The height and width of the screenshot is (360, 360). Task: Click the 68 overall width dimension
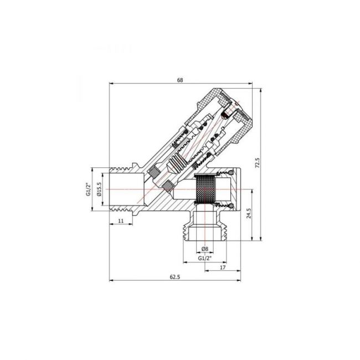[180, 80]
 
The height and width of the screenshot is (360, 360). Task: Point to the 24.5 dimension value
[250, 213]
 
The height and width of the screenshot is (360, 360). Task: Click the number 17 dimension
[222, 267]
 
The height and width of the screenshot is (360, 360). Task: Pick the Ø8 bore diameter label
[204, 248]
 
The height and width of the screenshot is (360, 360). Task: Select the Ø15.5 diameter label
[99, 190]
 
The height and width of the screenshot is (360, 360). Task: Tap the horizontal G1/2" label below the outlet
[205, 258]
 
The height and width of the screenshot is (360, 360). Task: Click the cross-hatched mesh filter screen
[205, 190]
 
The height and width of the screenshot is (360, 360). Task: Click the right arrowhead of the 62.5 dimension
[240, 280]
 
